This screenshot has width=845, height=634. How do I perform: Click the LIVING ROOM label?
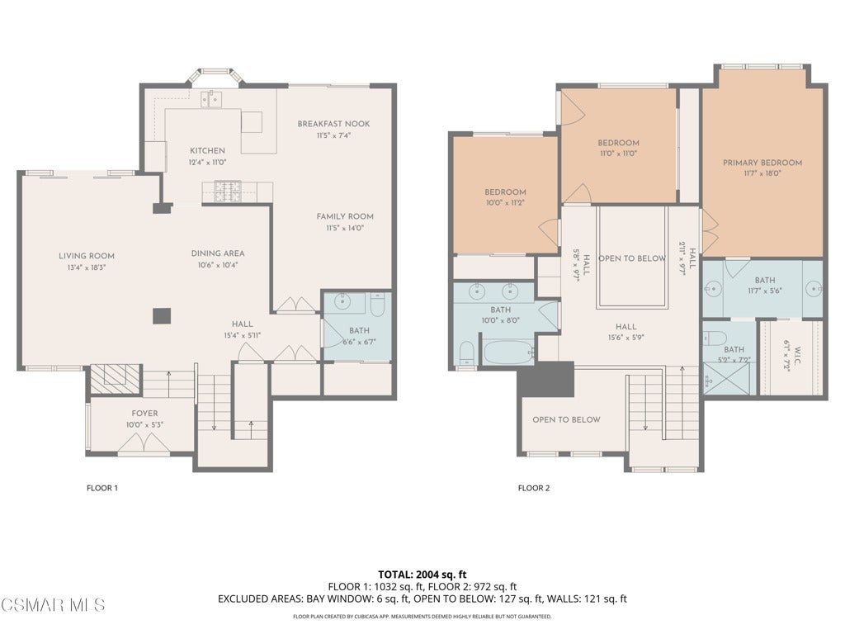(86, 256)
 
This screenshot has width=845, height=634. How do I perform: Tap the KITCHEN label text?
(207, 151)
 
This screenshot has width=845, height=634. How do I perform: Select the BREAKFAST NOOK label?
(333, 124)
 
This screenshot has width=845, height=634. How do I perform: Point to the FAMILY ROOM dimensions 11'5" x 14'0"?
(345, 228)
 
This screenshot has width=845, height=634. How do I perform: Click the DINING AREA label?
(218, 253)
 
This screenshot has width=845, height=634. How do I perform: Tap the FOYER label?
(145, 414)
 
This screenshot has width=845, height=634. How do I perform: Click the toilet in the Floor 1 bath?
(378, 305)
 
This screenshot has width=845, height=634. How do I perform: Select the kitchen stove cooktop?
(228, 192)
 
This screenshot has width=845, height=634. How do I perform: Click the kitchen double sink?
(211, 99)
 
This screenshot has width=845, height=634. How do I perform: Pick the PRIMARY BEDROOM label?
(762, 163)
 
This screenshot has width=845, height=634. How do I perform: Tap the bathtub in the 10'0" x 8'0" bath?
(508, 352)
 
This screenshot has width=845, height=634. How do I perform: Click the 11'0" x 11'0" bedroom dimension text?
(618, 154)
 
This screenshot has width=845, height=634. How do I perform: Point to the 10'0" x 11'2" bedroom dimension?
(506, 203)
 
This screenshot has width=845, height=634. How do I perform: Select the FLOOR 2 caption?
(534, 489)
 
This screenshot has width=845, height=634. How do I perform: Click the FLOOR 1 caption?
(102, 489)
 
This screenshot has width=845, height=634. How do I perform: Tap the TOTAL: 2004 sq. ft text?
(422, 575)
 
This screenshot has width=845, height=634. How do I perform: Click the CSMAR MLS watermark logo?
(53, 605)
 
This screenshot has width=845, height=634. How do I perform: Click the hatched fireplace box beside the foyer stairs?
(115, 378)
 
